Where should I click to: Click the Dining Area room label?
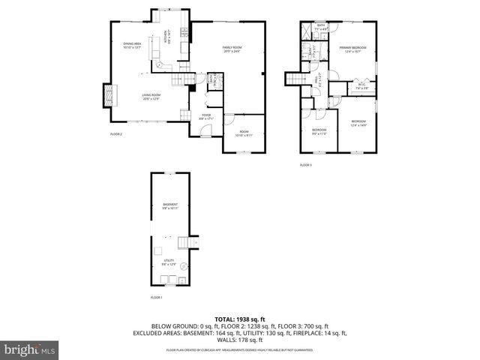(132, 46)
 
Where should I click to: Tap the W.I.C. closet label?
(361, 85)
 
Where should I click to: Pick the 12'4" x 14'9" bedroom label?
(358, 123)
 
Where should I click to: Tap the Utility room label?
(168, 262)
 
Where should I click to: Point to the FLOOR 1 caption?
(156, 298)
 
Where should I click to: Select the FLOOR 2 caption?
(115, 134)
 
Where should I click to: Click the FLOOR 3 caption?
(305, 164)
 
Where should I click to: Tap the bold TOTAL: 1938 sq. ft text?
(240, 319)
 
